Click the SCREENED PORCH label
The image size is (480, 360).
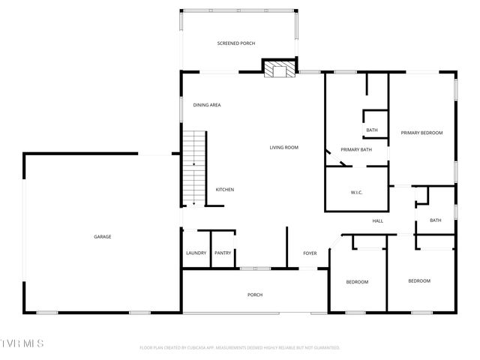tap(236, 44)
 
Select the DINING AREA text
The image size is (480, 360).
tap(207, 105)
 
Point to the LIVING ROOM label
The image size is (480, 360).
tap(284, 148)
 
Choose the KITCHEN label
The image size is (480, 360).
tap(225, 190)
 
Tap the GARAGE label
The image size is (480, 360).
tap(103, 237)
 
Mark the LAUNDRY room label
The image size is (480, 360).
tap(196, 253)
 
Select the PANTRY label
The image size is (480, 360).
tap(223, 253)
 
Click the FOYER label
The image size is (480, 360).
tap(310, 253)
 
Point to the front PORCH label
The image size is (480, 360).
tap(255, 295)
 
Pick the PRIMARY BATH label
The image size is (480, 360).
tap(356, 150)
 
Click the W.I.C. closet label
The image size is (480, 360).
tap(357, 193)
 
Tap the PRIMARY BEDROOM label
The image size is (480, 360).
tap(421, 133)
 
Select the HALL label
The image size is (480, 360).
tap(378, 220)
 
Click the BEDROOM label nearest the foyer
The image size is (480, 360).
tap(357, 282)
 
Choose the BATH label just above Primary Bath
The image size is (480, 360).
tap(372, 130)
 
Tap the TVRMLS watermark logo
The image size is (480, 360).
tap(22, 343)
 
